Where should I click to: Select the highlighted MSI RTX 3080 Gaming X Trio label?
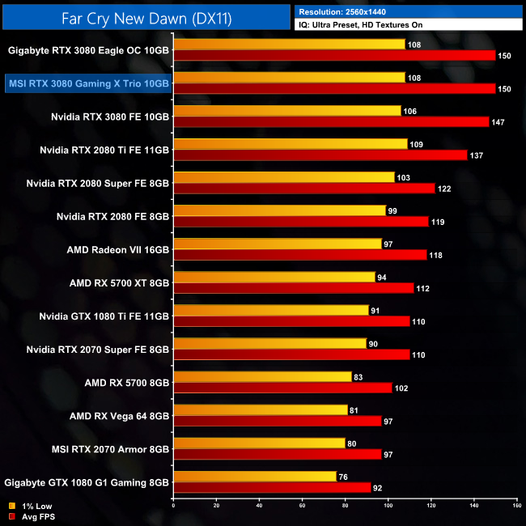pyautogui.click(x=88, y=83)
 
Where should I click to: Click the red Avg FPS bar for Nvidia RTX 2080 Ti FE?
pyautogui.click(x=320, y=155)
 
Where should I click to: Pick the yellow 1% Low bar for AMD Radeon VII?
pyautogui.click(x=278, y=244)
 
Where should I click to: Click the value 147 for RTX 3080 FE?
pyautogui.click(x=499, y=121)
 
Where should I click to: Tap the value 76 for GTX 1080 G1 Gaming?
pyautogui.click(x=344, y=477)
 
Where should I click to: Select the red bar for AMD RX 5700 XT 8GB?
pyautogui.click(x=294, y=288)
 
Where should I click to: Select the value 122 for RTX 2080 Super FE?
pyautogui.click(x=446, y=189)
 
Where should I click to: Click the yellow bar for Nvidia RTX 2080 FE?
pyautogui.click(x=279, y=210)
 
